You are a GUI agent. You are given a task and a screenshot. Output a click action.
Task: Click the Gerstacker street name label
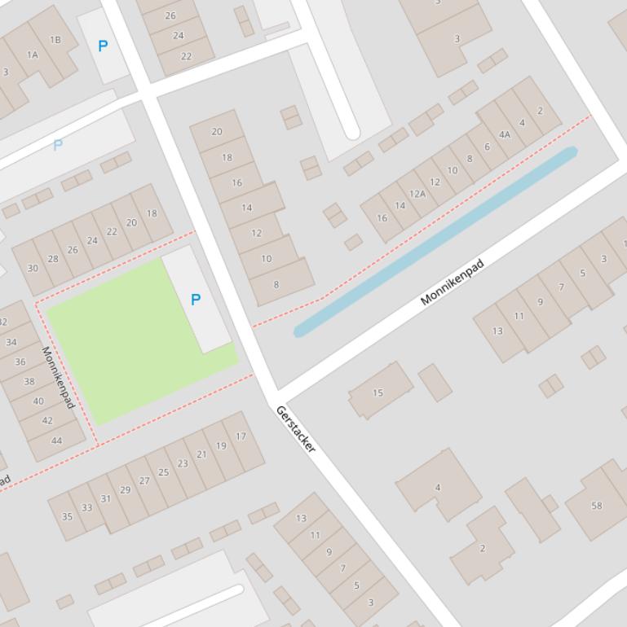[295, 428]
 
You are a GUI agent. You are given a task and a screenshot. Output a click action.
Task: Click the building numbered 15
[378, 392]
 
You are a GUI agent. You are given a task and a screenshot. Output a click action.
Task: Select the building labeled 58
[596, 505]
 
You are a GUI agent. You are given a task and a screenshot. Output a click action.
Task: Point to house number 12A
[417, 194]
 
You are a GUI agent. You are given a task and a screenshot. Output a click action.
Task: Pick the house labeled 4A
[505, 135]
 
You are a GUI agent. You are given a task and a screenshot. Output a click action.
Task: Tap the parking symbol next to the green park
[196, 300]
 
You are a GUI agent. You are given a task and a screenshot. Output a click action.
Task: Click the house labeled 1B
[55, 39]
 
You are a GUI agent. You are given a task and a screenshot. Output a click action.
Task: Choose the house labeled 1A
[33, 55]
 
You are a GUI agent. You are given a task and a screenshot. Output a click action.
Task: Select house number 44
[56, 441]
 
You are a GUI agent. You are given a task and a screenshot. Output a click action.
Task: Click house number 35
[67, 516]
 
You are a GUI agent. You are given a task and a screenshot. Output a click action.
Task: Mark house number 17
[241, 436]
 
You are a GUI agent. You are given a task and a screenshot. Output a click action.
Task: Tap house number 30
[33, 268]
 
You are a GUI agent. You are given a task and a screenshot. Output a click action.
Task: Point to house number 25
[163, 472]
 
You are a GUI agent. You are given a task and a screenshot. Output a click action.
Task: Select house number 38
[29, 381]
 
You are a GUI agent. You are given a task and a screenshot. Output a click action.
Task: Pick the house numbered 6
[487, 147]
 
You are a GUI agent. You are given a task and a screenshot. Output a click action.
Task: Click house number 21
[201, 454]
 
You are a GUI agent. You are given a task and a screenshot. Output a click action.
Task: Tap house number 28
[53, 259]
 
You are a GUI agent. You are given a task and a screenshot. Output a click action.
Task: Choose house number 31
[105, 498]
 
